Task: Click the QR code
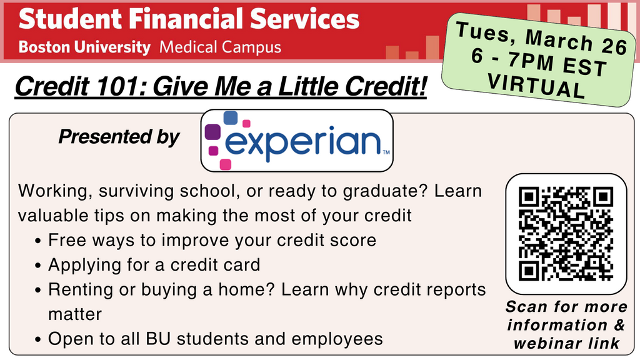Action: [x=566, y=234]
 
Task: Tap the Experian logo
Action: [x=297, y=141]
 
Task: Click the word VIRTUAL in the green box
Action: [x=537, y=86]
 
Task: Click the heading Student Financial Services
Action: [x=189, y=19]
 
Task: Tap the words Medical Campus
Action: [x=221, y=47]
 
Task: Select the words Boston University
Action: [x=84, y=47]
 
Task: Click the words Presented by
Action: [x=119, y=137]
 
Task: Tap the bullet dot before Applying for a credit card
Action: [x=38, y=266]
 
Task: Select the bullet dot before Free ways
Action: [x=38, y=241]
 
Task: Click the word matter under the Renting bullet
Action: [x=75, y=315]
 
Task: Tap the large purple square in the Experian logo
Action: [x=212, y=132]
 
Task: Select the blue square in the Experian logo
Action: [x=231, y=117]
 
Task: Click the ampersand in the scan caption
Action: [x=619, y=325]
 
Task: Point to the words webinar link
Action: [x=566, y=343]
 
